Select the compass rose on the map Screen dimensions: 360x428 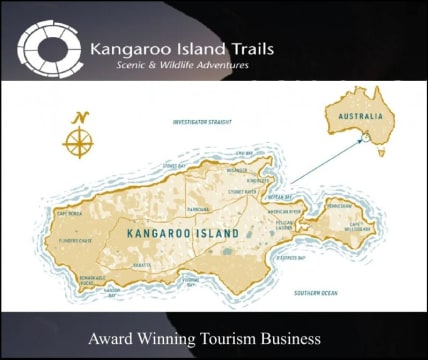(x=77, y=138)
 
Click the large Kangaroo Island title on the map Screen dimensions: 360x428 (x=183, y=233)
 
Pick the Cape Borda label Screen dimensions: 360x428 (x=67, y=213)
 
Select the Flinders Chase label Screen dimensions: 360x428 (x=75, y=240)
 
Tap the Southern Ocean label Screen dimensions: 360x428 (x=316, y=292)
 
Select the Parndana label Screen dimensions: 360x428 (x=198, y=208)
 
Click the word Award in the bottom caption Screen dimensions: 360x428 (x=112, y=337)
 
